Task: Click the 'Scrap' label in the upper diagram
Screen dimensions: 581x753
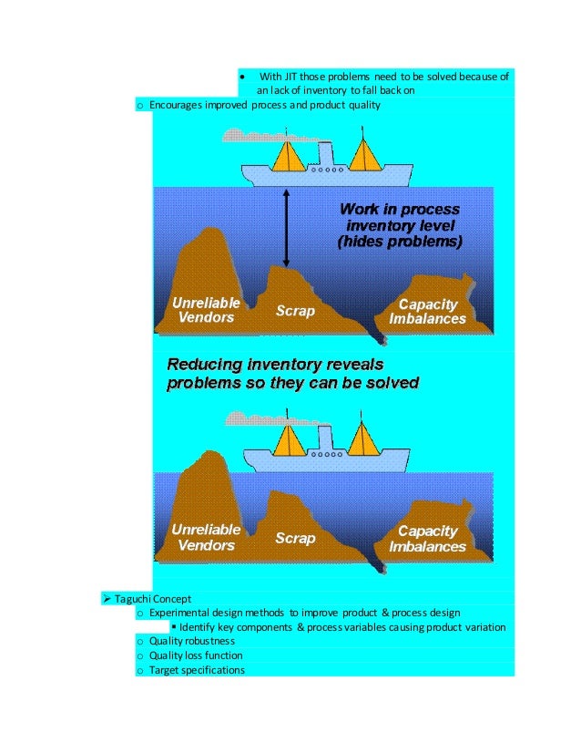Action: (x=295, y=312)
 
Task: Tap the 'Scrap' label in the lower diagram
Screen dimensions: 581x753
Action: (x=295, y=538)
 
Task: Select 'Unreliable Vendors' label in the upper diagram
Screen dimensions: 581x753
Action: (x=206, y=310)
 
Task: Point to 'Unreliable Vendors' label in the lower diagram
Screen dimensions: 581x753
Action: (x=206, y=537)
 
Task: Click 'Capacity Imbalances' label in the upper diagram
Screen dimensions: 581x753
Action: (x=427, y=311)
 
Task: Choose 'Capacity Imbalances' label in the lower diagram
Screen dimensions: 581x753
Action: (x=427, y=539)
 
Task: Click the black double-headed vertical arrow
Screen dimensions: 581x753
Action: (x=287, y=228)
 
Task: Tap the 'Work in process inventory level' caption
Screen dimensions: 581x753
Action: (x=399, y=227)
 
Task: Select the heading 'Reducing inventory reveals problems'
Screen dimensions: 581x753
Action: (x=292, y=374)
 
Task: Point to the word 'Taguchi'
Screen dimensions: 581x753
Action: (x=133, y=599)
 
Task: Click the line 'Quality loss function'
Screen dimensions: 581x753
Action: (x=196, y=655)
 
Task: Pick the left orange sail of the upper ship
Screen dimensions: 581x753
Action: (x=290, y=155)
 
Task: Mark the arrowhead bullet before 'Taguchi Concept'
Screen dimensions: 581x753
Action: (x=107, y=599)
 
